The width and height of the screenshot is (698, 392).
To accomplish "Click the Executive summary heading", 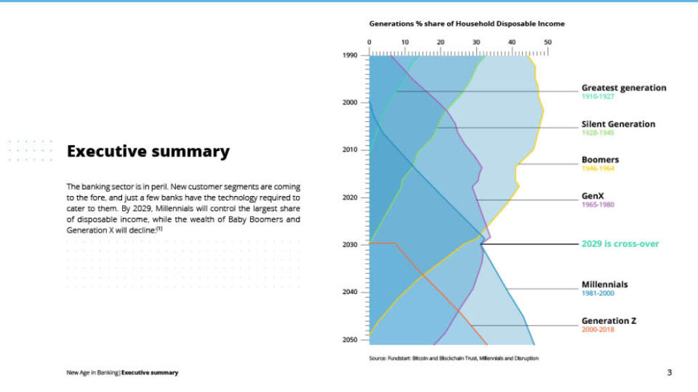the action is pyautogui.click(x=148, y=151).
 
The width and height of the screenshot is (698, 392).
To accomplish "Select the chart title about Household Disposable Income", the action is pyautogui.click(x=466, y=24).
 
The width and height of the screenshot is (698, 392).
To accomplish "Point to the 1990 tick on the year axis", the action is pyautogui.click(x=350, y=55).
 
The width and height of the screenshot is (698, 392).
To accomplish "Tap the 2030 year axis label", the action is pyautogui.click(x=350, y=244).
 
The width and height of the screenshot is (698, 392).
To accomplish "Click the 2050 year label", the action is pyautogui.click(x=350, y=340).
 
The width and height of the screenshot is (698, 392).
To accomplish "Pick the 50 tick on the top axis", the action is pyautogui.click(x=547, y=42).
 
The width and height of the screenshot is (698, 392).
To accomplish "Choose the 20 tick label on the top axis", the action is pyautogui.click(x=440, y=42).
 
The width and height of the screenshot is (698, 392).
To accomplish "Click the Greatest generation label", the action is pyautogui.click(x=623, y=88).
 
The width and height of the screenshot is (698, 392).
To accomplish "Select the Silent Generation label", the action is pyautogui.click(x=618, y=124).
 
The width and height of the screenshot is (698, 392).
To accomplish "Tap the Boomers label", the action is pyautogui.click(x=600, y=160).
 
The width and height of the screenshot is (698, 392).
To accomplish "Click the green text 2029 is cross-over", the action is pyautogui.click(x=620, y=244).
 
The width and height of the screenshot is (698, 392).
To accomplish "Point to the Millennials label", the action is pyautogui.click(x=604, y=284).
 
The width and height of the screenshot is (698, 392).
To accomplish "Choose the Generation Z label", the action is pyautogui.click(x=608, y=321).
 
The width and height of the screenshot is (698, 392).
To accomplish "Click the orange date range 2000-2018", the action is pyautogui.click(x=599, y=329).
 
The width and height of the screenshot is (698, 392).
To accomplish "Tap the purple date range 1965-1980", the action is pyautogui.click(x=598, y=204).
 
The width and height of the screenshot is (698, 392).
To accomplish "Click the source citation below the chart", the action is pyautogui.click(x=453, y=358).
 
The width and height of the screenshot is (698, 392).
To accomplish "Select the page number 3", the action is pyautogui.click(x=669, y=372).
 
